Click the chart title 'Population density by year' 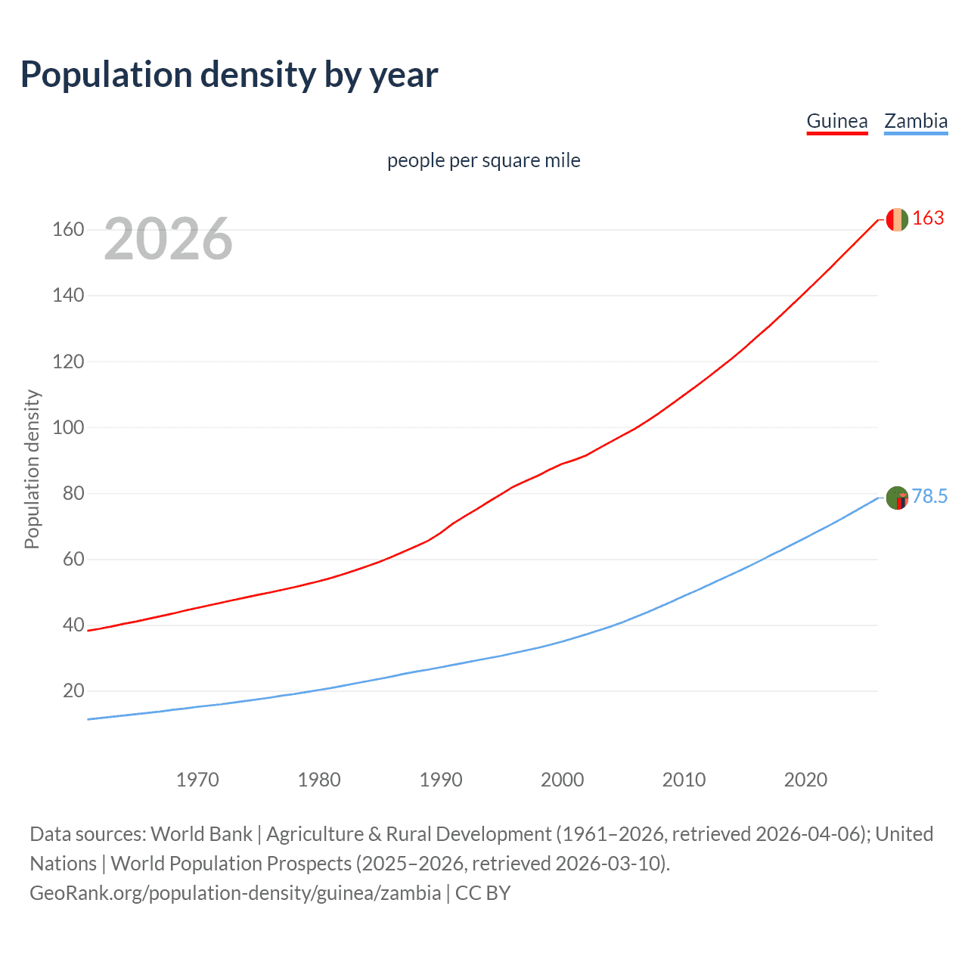click(x=229, y=75)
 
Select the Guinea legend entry click(x=836, y=121)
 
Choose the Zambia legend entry click(x=916, y=121)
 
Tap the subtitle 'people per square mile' click(x=483, y=160)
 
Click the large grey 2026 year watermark click(x=168, y=238)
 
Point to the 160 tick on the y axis click(x=68, y=229)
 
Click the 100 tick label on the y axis click(x=68, y=427)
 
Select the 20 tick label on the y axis click(x=73, y=690)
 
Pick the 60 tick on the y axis click(x=73, y=560)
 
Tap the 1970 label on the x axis click(x=197, y=780)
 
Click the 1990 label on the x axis click(x=441, y=780)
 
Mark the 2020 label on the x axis click(x=805, y=780)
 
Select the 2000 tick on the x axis click(x=562, y=780)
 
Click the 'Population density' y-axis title click(x=32, y=469)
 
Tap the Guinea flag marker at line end click(x=896, y=219)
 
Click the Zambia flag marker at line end click(x=896, y=498)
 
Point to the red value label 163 click(x=928, y=219)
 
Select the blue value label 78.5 click(x=929, y=497)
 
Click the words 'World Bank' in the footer click(x=201, y=834)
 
